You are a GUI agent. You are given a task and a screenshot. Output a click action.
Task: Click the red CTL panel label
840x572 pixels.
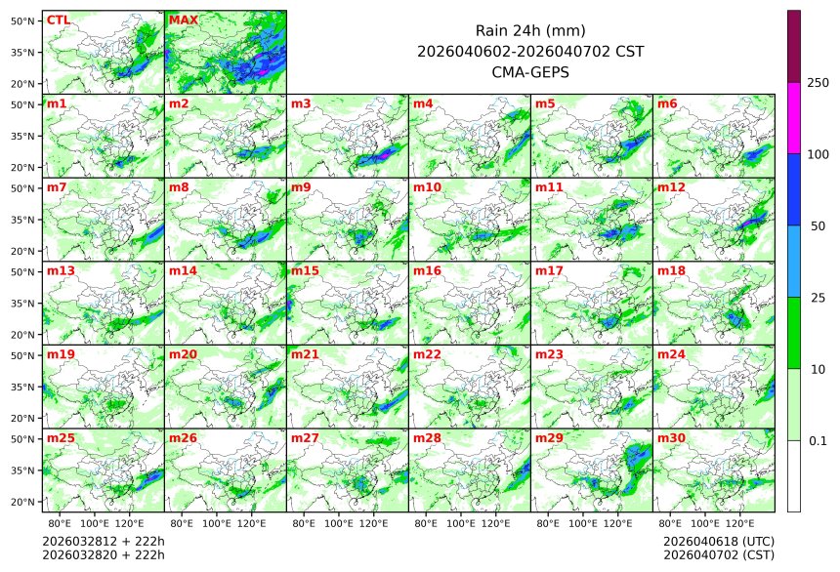click(58, 20)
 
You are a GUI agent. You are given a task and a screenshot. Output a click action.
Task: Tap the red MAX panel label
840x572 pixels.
click(183, 20)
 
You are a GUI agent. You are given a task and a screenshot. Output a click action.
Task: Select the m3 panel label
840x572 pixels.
click(301, 103)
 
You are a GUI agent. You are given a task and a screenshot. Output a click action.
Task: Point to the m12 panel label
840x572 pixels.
click(670, 187)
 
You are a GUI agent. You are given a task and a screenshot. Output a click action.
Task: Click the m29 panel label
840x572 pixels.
click(548, 439)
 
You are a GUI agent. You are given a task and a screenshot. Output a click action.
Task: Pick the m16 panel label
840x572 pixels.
click(426, 271)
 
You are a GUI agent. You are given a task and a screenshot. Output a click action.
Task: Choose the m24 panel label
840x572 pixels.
click(670, 355)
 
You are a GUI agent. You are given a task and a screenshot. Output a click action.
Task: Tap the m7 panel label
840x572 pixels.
click(57, 187)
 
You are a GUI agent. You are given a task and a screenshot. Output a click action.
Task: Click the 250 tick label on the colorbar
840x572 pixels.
click(818, 83)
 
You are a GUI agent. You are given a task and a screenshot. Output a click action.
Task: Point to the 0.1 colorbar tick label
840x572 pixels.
click(818, 440)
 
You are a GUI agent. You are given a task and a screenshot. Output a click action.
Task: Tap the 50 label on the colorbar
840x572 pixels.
click(818, 225)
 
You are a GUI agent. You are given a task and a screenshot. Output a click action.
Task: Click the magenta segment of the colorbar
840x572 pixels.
click(794, 117)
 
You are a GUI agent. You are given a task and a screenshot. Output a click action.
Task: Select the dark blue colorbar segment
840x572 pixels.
click(794, 189)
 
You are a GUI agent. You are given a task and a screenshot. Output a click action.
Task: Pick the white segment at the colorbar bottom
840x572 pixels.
click(794, 475)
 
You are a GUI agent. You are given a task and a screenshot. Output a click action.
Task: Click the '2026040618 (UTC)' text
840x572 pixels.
click(718, 541)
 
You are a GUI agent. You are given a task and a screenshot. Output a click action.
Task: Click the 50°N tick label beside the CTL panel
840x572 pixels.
click(23, 20)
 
